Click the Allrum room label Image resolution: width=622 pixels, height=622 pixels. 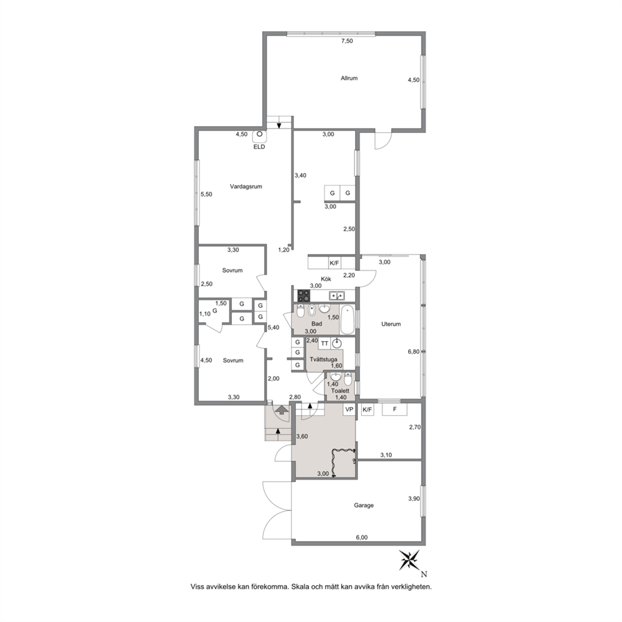pyautogui.click(x=349, y=78)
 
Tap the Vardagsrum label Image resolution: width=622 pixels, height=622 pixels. pyautogui.click(x=246, y=186)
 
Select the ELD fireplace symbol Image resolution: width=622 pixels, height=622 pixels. pyautogui.click(x=260, y=136)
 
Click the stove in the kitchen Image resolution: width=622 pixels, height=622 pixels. pyautogui.click(x=304, y=295)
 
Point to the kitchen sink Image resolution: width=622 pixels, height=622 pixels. pyautogui.click(x=337, y=295)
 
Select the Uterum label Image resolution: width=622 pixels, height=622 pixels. pyautogui.click(x=391, y=324)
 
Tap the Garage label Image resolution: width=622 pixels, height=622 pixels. pyautogui.click(x=364, y=505)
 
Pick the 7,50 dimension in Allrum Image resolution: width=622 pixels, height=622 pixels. pyautogui.click(x=347, y=41)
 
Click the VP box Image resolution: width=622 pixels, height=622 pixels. pyautogui.click(x=349, y=409)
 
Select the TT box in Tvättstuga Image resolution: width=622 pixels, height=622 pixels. pyautogui.click(x=325, y=344)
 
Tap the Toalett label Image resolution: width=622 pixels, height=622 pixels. pyautogui.click(x=340, y=391)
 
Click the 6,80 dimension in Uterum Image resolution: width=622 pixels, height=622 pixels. pyautogui.click(x=414, y=351)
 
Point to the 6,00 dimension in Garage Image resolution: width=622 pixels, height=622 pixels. pyautogui.click(x=361, y=537)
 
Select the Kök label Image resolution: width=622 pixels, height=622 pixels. pyautogui.click(x=326, y=279)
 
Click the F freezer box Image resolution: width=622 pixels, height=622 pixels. pyautogui.click(x=394, y=409)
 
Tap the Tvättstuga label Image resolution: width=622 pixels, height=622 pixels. pyautogui.click(x=324, y=359)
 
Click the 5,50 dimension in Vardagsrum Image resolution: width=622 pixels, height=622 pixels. pyautogui.click(x=206, y=194)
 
